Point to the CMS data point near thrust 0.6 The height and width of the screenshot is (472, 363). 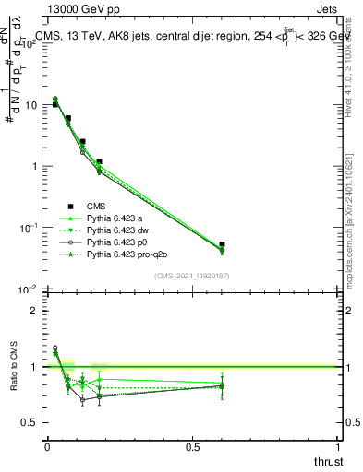pyautogui.click(x=222, y=244)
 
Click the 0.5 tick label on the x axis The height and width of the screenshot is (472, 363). pyautogui.click(x=193, y=446)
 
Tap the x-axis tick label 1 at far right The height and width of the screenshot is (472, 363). pyautogui.click(x=339, y=446)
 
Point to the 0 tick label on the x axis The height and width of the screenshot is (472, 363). pyautogui.click(x=47, y=446)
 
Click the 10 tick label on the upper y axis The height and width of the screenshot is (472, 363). pyautogui.click(x=30, y=105)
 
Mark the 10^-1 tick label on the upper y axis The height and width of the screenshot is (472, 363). pyautogui.click(x=29, y=227)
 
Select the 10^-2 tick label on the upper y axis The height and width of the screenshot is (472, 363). pyautogui.click(x=29, y=289)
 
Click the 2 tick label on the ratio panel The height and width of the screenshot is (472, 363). pyautogui.click(x=34, y=311)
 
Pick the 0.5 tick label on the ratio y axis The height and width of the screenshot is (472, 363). pyautogui.click(x=30, y=422)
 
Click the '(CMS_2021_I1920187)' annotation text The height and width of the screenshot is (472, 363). pyautogui.click(x=192, y=274)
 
